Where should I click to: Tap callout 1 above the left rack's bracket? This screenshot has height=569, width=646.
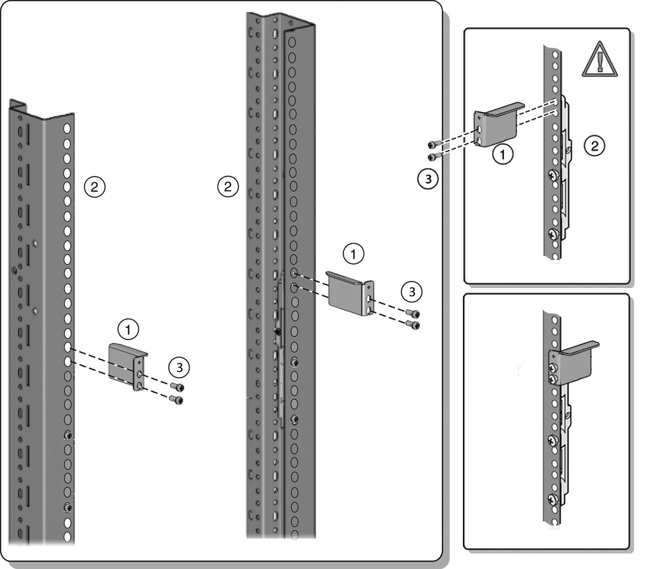pyautogui.click(x=126, y=327)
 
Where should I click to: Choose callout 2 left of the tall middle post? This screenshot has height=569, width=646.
pyautogui.click(x=226, y=186)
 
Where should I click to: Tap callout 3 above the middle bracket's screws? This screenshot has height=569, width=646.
pyautogui.click(x=410, y=292)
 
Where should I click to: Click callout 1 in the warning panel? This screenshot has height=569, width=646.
pyautogui.click(x=503, y=155)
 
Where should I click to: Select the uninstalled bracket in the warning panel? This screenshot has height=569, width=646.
pyautogui.click(x=499, y=125)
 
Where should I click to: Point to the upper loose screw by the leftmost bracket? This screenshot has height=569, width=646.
pyautogui.click(x=175, y=386)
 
